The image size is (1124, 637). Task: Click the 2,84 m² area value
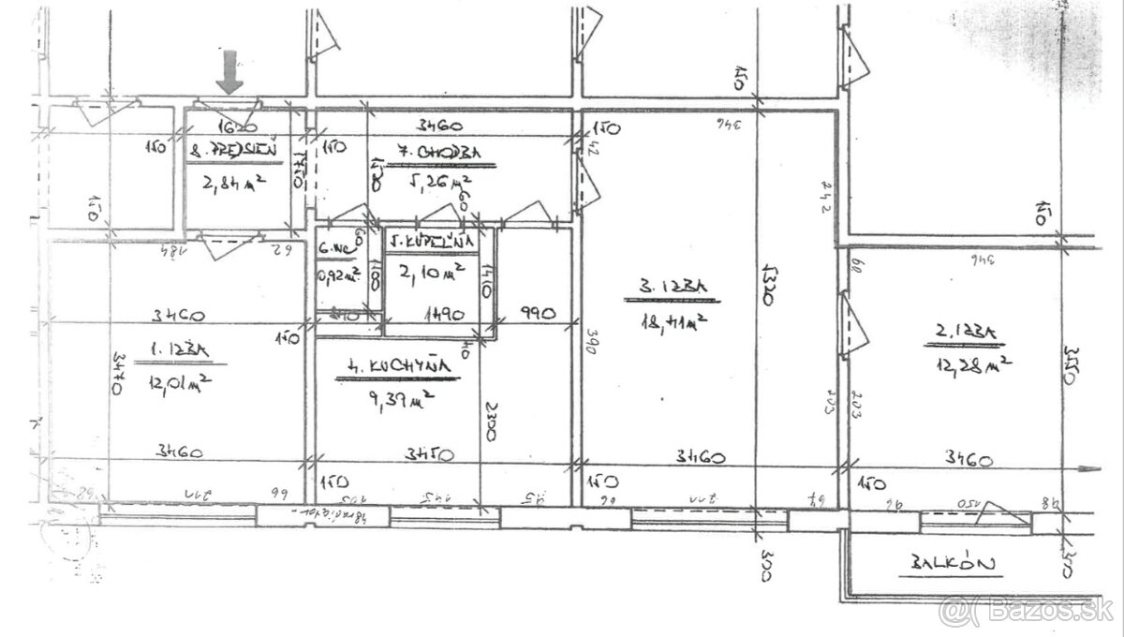click(x=230, y=184)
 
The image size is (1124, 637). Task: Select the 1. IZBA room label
click(x=177, y=349)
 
